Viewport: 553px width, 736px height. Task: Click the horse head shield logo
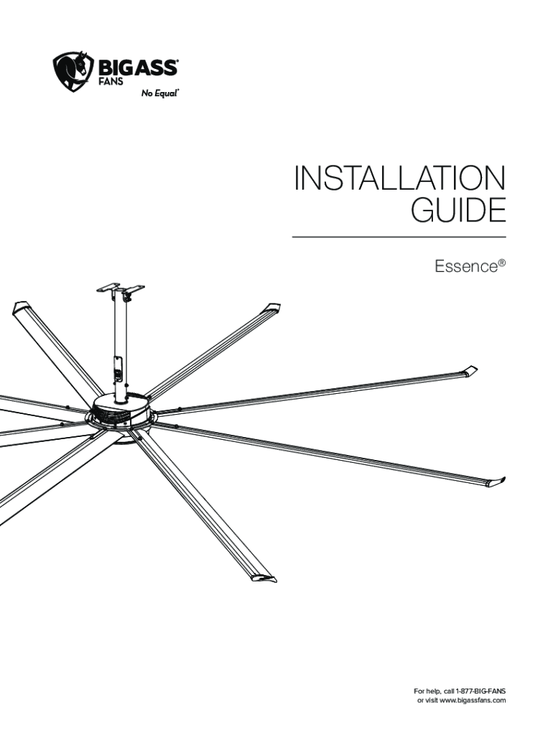[74, 71]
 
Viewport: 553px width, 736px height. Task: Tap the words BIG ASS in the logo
[138, 68]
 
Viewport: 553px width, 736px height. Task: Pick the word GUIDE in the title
[457, 213]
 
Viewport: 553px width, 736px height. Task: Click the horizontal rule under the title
[399, 236]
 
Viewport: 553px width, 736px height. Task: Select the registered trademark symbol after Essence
[502, 262]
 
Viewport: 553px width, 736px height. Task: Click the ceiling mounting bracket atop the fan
[121, 290]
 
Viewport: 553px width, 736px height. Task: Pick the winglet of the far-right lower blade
[496, 480]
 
